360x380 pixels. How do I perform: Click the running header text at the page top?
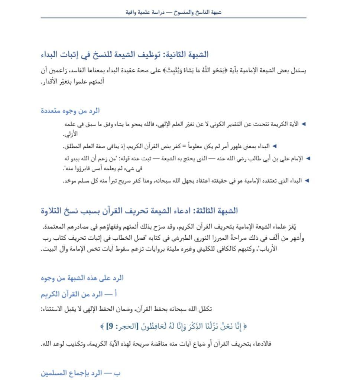tap(173, 12)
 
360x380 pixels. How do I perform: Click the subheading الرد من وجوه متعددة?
tap(70, 111)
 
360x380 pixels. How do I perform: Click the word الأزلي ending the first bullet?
tap(69, 134)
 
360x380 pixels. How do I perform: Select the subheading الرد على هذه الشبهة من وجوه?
tap(82, 278)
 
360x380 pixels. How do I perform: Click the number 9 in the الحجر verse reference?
tap(109, 327)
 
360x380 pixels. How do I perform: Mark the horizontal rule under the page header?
tap(173, 18)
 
